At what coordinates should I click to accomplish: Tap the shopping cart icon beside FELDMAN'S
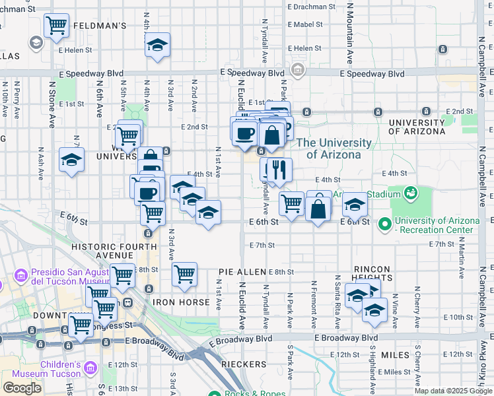click(56, 26)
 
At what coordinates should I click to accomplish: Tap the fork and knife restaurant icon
click(280, 170)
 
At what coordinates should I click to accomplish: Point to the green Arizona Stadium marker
click(410, 193)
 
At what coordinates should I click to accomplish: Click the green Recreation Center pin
click(385, 224)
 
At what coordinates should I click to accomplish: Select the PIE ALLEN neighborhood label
click(242, 272)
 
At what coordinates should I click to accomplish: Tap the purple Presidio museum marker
click(20, 274)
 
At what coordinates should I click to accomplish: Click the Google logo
click(22, 387)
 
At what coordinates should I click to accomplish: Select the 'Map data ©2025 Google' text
click(453, 391)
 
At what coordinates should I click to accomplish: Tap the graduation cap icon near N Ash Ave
click(71, 160)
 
